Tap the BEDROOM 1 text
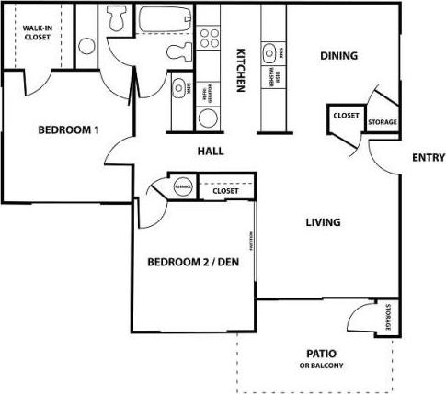tap(68, 129)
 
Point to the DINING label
tap(338, 56)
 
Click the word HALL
tap(212, 152)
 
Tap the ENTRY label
tap(429, 157)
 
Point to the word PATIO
tap(320, 354)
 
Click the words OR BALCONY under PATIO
tap(320, 366)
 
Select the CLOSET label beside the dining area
tap(346, 116)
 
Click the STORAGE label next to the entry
tap(382, 120)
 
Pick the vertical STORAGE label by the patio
tap(389, 317)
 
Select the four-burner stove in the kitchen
tap(210, 38)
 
